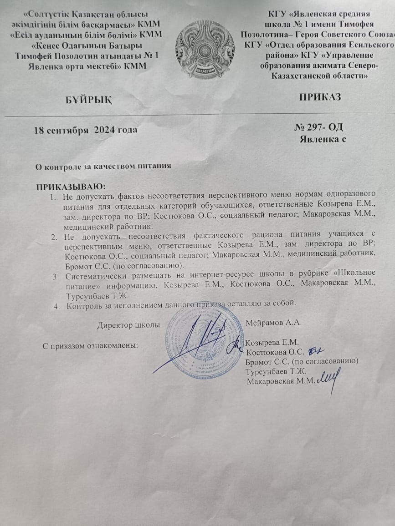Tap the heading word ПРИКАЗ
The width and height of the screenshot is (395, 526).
[320, 96]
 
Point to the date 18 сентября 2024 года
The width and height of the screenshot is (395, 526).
[86, 130]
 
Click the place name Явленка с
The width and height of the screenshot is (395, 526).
[323, 139]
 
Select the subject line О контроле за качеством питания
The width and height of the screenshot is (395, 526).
[103, 166]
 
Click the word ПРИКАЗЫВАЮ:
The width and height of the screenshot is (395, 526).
[70, 186]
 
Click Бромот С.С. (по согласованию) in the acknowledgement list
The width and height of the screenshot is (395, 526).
[300, 361]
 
